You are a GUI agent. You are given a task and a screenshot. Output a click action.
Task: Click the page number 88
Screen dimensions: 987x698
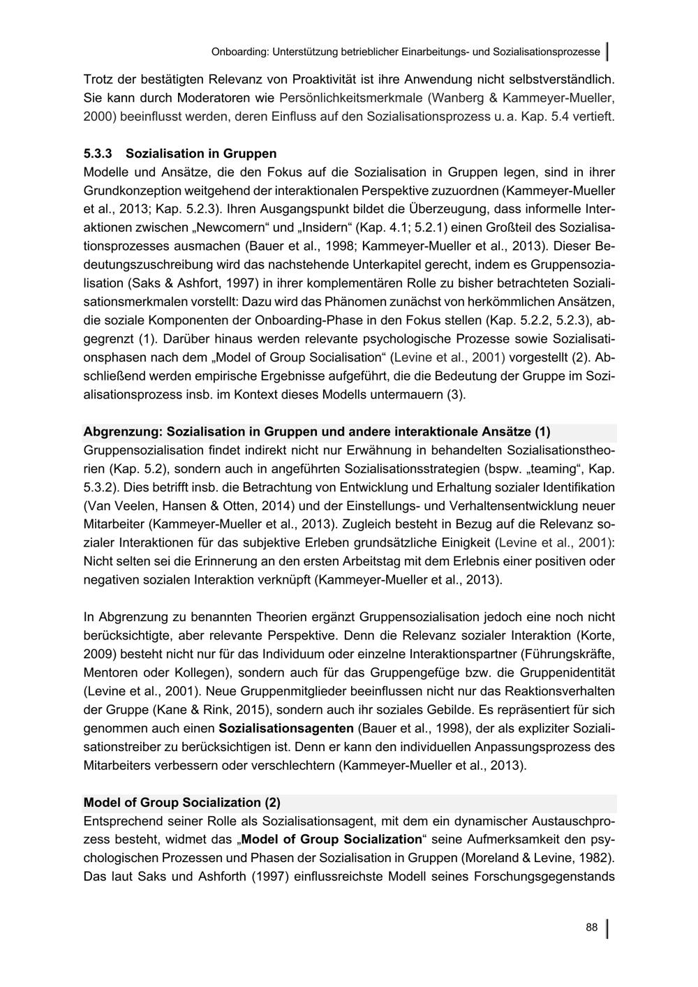[x=592, y=928]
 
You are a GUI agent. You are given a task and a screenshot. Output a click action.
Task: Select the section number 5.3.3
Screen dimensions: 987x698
[x=98, y=154]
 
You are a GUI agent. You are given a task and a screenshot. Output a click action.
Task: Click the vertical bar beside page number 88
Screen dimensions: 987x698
[x=607, y=928]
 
